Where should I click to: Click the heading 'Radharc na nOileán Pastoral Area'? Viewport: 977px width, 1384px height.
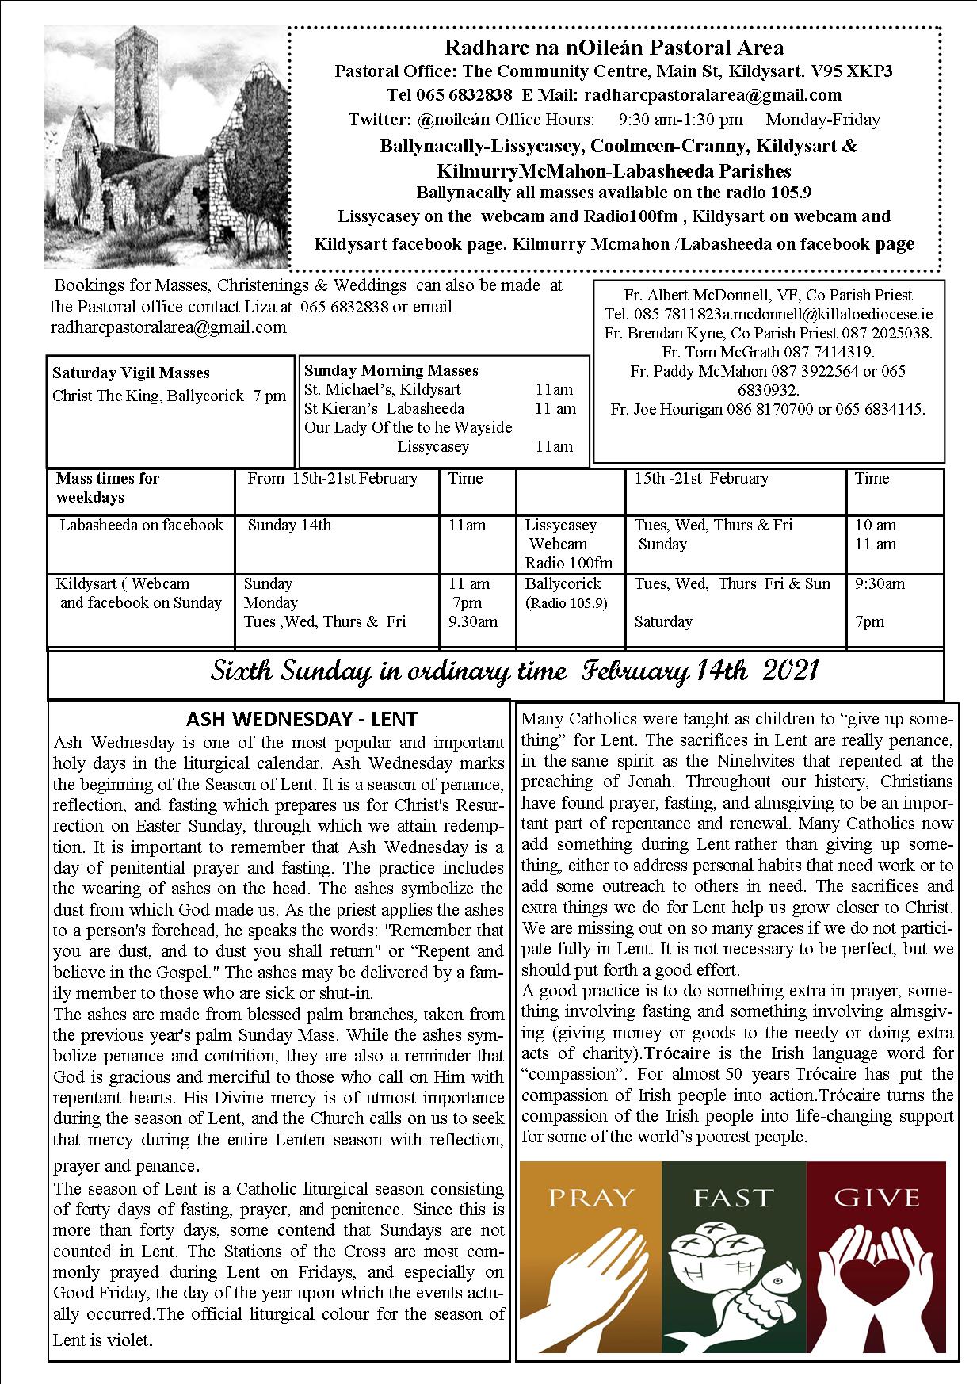click(614, 48)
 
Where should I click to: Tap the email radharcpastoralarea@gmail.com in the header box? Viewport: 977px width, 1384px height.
click(712, 96)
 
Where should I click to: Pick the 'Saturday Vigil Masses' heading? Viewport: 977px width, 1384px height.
click(131, 373)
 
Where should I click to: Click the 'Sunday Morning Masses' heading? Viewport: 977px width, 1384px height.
click(391, 370)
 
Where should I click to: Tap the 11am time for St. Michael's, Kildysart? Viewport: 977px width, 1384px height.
click(554, 389)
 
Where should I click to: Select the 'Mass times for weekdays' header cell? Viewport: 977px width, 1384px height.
click(108, 487)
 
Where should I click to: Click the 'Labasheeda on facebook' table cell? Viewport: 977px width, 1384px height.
click(142, 525)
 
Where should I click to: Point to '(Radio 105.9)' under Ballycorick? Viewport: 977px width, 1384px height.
click(566, 603)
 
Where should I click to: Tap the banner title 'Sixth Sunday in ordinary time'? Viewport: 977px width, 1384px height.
click(387, 672)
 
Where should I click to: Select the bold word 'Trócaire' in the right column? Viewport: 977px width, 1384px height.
click(675, 1053)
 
